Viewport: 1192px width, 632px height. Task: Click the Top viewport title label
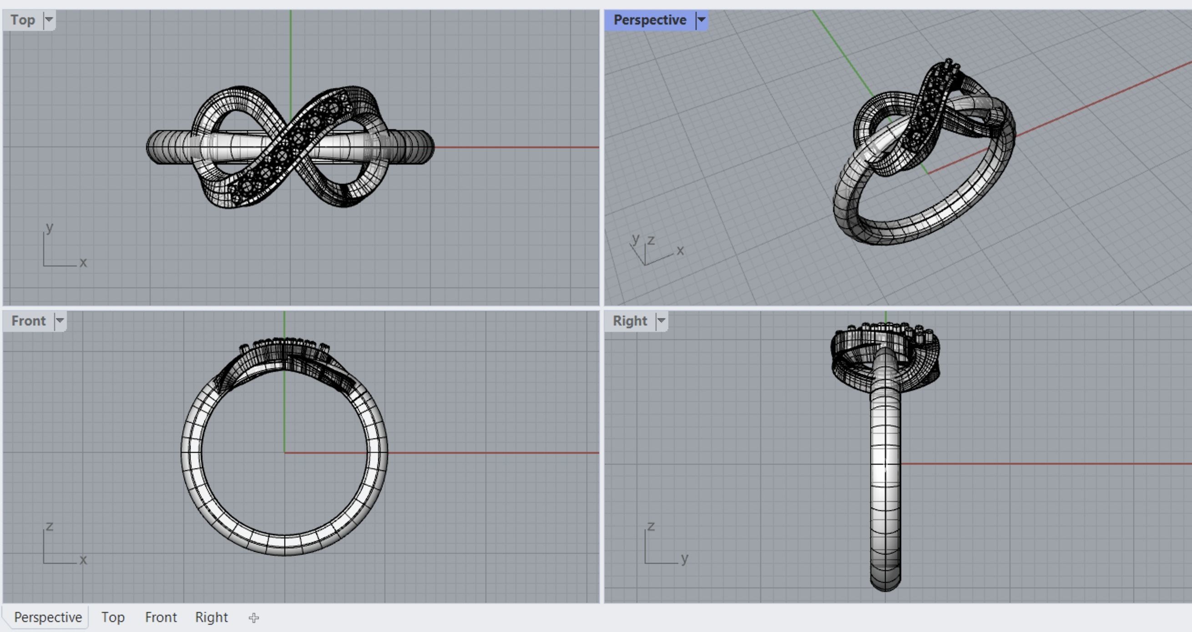point(23,20)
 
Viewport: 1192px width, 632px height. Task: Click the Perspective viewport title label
point(649,20)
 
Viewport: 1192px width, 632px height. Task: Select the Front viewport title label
point(28,321)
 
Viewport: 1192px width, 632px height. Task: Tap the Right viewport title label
point(629,321)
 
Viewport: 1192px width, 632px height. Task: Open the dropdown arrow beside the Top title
point(49,20)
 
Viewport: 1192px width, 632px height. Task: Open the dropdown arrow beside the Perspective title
point(702,20)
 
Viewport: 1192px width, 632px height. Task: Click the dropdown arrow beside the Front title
point(60,321)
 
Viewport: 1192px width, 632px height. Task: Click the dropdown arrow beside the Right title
point(661,321)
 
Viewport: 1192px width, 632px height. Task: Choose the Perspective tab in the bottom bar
point(48,617)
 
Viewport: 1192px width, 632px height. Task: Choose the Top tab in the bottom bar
point(113,617)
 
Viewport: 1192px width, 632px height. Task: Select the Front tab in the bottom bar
point(161,617)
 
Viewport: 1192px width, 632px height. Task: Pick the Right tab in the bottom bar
point(212,617)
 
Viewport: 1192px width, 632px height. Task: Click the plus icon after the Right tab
point(253,617)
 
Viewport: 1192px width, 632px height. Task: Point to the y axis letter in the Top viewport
point(50,227)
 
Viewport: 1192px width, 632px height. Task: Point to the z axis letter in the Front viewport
point(50,526)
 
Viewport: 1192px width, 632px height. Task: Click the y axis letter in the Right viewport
point(685,558)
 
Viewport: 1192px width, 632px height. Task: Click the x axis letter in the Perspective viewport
point(680,251)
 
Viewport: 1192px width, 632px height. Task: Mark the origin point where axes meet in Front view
point(285,452)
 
